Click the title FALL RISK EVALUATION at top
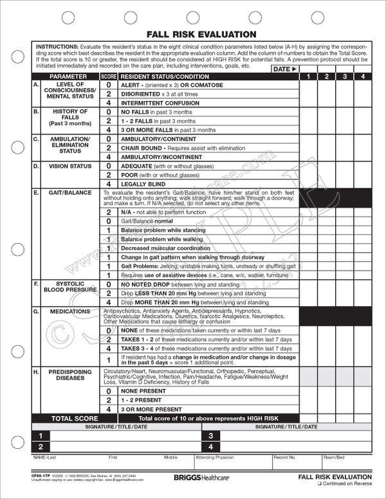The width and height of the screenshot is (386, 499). pyautogui.click(x=193, y=33)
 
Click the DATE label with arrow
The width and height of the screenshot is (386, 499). pyautogui.click(x=284, y=69)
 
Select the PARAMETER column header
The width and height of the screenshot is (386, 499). pyautogui.click(x=68, y=77)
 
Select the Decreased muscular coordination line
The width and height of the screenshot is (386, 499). pyautogui.click(x=165, y=248)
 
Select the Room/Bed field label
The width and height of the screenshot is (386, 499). pyautogui.click(x=335, y=457)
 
